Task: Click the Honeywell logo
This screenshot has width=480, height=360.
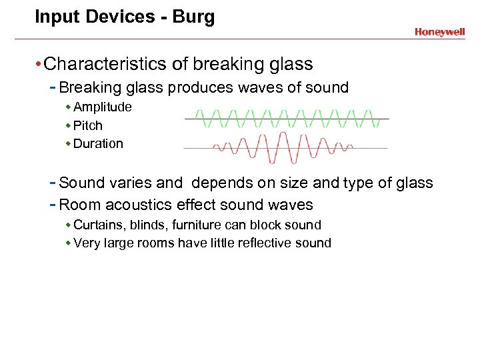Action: coord(439,31)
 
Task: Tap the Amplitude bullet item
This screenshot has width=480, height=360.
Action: coord(102,107)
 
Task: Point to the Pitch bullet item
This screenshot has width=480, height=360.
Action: coord(88,125)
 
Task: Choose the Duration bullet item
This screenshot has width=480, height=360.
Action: coord(98,143)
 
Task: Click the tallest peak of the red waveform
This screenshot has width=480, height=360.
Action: coord(285,135)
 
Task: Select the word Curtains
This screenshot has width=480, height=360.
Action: coord(97,225)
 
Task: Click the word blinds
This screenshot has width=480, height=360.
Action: coord(147,225)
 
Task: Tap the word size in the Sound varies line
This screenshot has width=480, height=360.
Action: coord(273,183)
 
